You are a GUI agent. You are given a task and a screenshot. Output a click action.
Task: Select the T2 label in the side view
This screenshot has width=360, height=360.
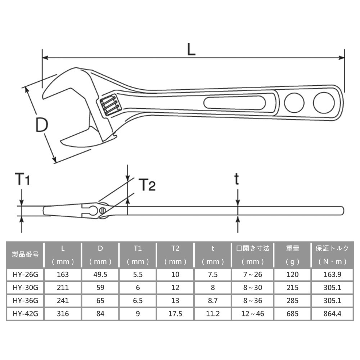(147, 185)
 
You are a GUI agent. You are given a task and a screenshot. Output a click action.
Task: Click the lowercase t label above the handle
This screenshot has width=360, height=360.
(237, 179)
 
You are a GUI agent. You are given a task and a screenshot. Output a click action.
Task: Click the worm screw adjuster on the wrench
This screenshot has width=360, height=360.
(109, 105)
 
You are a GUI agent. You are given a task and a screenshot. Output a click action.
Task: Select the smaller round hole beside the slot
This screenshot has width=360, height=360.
(294, 103)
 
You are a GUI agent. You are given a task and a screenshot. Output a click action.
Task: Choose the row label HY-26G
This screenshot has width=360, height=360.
(25, 274)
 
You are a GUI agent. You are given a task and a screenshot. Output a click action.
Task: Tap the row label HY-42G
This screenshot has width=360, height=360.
(25, 314)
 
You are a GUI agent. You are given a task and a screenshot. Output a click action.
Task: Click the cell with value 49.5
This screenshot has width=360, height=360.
(100, 274)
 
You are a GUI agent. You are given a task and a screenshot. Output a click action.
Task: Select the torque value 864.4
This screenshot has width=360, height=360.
(331, 314)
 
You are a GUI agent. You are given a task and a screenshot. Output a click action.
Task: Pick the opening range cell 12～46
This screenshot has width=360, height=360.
(253, 314)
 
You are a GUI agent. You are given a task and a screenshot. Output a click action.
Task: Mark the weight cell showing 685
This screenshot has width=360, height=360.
(292, 314)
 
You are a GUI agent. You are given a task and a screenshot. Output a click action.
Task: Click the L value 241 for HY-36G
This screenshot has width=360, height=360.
(63, 301)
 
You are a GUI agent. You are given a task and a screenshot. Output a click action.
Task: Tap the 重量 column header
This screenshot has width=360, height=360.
(292, 248)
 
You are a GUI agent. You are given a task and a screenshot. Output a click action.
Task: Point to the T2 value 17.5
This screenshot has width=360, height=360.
(175, 314)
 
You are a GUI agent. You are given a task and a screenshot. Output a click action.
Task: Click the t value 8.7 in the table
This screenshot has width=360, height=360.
(213, 301)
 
